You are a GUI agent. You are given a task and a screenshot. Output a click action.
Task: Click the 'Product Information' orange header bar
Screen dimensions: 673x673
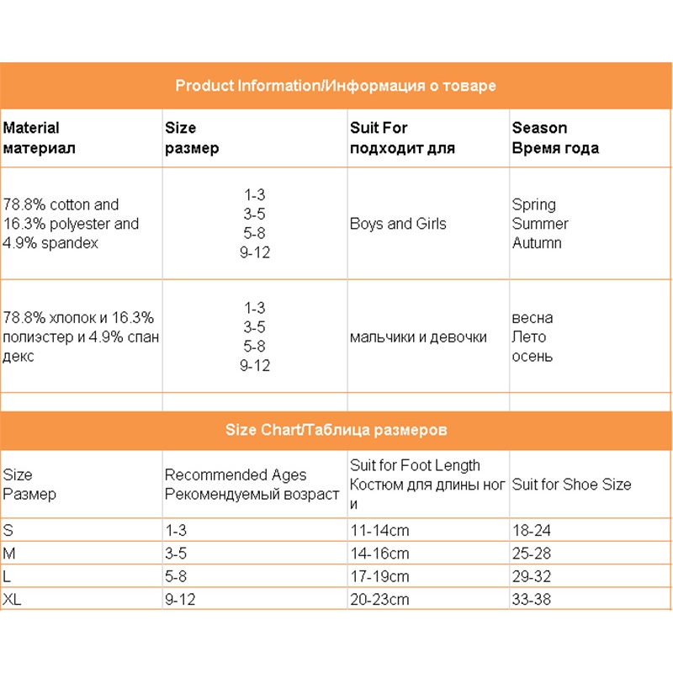(x=336, y=86)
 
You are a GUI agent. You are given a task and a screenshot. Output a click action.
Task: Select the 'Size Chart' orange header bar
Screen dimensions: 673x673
(x=336, y=430)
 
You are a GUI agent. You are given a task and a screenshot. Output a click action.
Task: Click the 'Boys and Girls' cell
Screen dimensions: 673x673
(x=398, y=224)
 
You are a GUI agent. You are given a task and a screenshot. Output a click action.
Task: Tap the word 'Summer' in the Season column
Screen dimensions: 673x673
(x=540, y=224)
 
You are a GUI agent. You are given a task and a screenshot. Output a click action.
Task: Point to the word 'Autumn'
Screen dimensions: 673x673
(x=537, y=243)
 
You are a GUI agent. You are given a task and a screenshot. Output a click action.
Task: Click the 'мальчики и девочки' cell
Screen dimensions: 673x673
(x=418, y=337)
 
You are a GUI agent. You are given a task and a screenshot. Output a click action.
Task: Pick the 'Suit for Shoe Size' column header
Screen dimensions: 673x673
(x=571, y=485)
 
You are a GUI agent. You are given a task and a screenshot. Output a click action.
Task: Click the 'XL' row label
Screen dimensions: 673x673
(x=12, y=600)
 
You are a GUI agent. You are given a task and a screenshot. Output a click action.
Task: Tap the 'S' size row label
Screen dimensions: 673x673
(x=8, y=530)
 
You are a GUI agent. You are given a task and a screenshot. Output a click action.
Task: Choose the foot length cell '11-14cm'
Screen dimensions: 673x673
(x=379, y=530)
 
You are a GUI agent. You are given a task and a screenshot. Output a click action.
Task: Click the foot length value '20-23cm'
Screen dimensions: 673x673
(x=379, y=600)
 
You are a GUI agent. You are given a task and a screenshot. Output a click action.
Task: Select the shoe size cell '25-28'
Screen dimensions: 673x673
(x=531, y=553)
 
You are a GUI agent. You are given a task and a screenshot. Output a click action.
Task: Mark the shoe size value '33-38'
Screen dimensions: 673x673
(x=531, y=600)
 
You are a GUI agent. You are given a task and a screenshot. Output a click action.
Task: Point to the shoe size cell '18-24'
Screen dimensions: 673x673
(x=531, y=530)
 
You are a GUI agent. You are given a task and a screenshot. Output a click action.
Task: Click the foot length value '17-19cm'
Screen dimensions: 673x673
(x=379, y=576)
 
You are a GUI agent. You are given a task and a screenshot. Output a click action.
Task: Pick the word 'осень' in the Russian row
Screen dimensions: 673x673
(x=533, y=356)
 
